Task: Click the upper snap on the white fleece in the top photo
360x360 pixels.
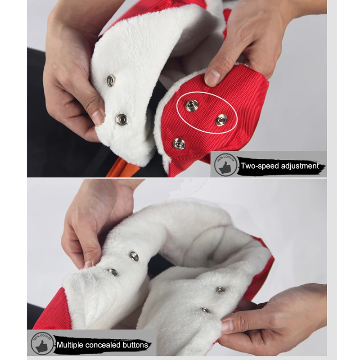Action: pyautogui.click(x=111, y=81)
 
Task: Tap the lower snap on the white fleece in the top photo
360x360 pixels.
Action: pyautogui.click(x=121, y=119)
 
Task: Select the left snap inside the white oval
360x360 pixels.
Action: pyautogui.click(x=192, y=105)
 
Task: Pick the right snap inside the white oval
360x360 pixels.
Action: pyautogui.click(x=221, y=120)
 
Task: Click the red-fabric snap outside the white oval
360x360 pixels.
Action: pyautogui.click(x=179, y=144)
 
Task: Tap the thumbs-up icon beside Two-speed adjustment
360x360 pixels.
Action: pyautogui.click(x=224, y=165)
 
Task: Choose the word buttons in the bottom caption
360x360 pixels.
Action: pyautogui.click(x=135, y=345)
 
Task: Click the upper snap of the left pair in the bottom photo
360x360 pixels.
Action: pyautogui.click(x=134, y=256)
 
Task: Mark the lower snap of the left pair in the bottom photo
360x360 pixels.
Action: pyautogui.click(x=112, y=272)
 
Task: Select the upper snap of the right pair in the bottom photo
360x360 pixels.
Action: pyautogui.click(x=220, y=290)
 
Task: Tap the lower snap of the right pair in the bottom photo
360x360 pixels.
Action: pyautogui.click(x=205, y=310)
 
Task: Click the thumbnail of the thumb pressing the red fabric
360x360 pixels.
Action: pyautogui.click(x=213, y=76)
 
